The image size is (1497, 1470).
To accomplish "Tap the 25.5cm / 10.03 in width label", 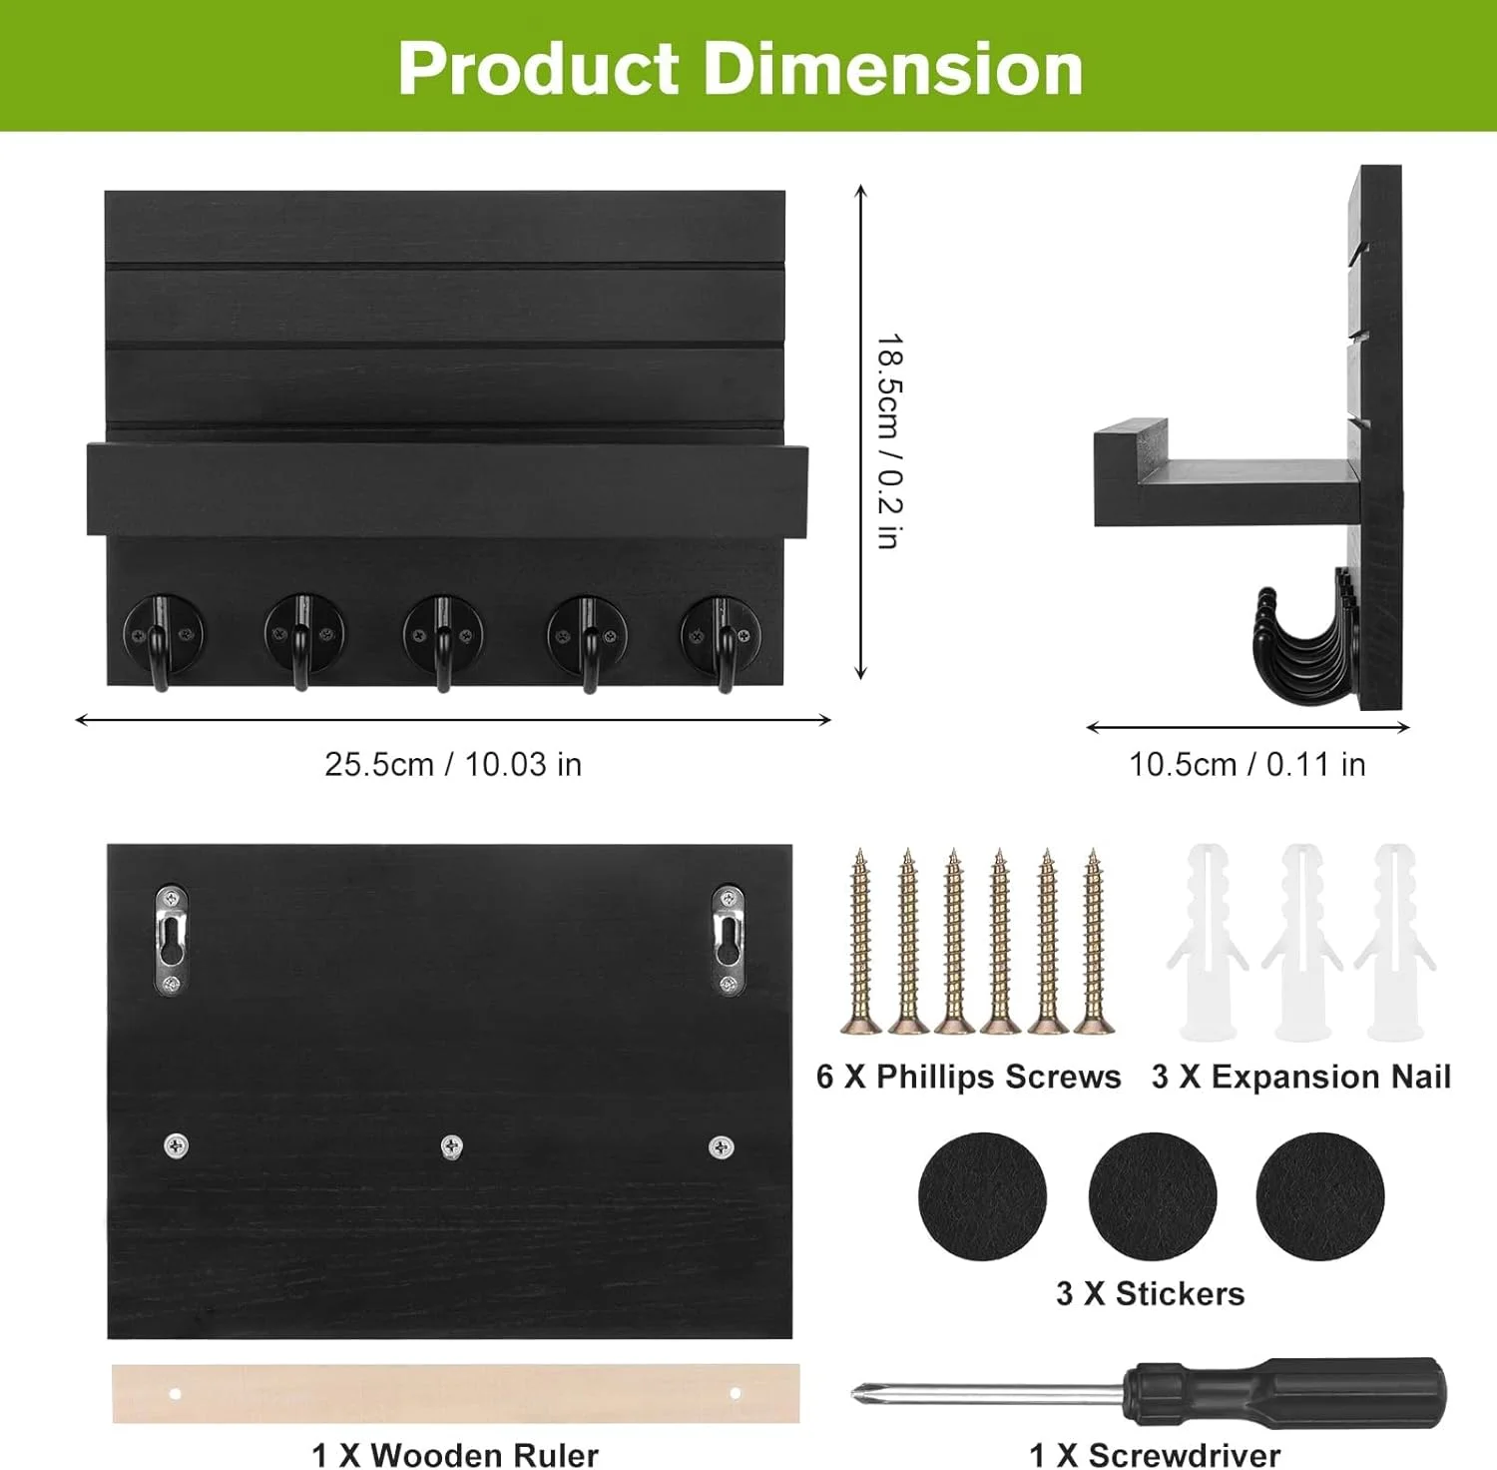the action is point(453,764).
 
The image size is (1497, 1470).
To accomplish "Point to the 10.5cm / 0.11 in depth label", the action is point(1247,764).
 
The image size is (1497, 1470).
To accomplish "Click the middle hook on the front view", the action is point(443,640).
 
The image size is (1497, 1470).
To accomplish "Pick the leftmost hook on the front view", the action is point(164,640).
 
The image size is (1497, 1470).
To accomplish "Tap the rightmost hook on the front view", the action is point(722,640).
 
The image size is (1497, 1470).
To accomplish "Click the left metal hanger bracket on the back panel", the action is point(172,940).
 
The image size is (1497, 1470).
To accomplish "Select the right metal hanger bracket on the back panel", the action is point(728,940).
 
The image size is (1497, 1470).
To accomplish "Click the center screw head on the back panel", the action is point(451,1146).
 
